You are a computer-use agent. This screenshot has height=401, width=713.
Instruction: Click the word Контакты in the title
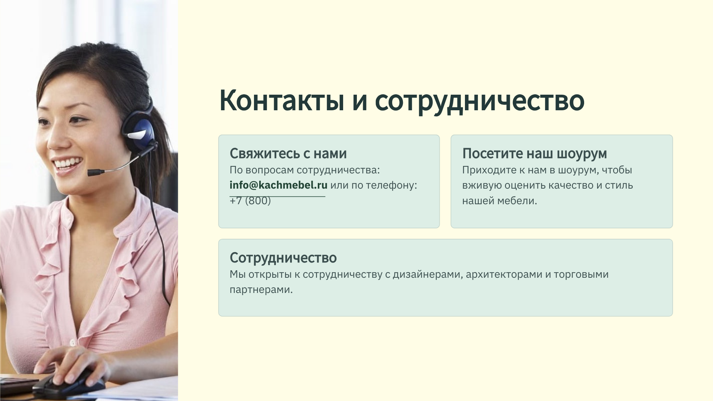tap(282, 100)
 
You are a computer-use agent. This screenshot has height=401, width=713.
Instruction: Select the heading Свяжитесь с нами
tap(288, 153)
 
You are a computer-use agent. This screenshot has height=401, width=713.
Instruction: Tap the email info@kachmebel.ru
tap(279, 185)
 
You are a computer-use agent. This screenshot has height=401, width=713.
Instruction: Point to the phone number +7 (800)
tap(250, 200)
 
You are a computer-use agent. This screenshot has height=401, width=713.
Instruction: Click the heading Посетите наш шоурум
tap(534, 154)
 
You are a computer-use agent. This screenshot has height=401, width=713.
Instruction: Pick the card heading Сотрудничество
tap(283, 258)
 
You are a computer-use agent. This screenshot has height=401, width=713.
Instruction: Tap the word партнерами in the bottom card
tap(261, 290)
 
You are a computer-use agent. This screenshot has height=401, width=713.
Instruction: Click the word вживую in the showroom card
tap(481, 185)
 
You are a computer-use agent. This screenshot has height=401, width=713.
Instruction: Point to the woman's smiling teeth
tap(68, 163)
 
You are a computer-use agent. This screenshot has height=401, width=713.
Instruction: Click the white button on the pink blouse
tap(72, 342)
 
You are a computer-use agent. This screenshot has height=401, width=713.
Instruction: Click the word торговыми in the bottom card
tap(581, 275)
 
